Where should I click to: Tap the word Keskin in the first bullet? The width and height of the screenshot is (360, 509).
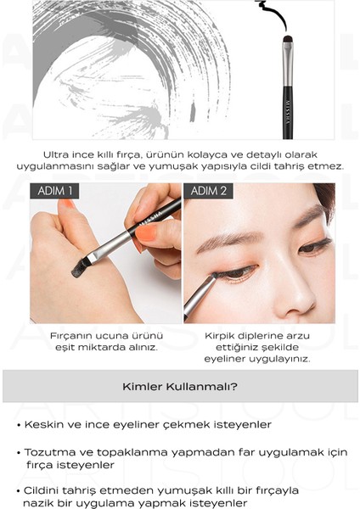pyautogui.click(x=41, y=423)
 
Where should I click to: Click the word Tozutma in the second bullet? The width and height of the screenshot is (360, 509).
pyautogui.click(x=46, y=451)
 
